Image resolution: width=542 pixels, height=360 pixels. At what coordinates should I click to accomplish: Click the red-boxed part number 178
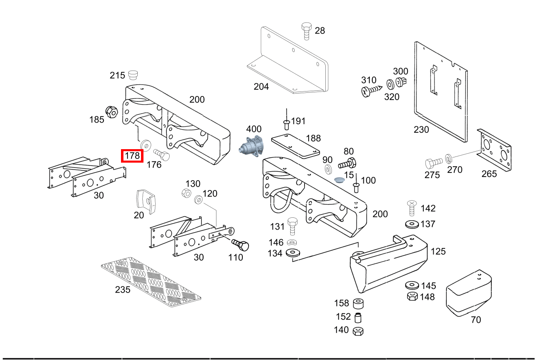pyautogui.click(x=132, y=156)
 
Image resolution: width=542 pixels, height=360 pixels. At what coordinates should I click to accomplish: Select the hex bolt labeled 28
pyautogui.click(x=306, y=31)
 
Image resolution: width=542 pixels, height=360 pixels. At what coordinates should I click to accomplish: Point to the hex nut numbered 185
pyautogui.click(x=112, y=112)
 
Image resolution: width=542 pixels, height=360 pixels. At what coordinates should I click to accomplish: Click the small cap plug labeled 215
pyautogui.click(x=133, y=75)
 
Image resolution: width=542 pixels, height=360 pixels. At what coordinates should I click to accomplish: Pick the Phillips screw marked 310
pyautogui.click(x=372, y=91)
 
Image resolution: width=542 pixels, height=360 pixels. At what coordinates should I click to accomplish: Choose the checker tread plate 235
pyautogui.click(x=151, y=282)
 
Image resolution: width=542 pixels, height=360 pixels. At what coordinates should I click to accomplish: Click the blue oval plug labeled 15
pyautogui.click(x=339, y=180)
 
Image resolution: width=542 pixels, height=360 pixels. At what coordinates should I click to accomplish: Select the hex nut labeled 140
pyautogui.click(x=358, y=331)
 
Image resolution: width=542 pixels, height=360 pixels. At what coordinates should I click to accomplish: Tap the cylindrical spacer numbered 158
pyautogui.click(x=358, y=304)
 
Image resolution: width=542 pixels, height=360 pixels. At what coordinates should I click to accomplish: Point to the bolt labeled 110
pyautogui.click(x=240, y=245)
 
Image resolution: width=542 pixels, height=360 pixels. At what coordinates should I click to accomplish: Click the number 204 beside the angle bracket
pyautogui.click(x=261, y=86)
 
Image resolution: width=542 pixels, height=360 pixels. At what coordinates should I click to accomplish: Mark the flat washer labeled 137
pyautogui.click(x=412, y=224)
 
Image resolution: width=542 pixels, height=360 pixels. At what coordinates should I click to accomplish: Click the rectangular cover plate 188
pyautogui.click(x=296, y=146)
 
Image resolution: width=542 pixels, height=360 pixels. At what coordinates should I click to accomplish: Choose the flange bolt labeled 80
pyautogui.click(x=347, y=163)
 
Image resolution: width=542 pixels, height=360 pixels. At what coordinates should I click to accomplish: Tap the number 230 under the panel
pyautogui.click(x=421, y=130)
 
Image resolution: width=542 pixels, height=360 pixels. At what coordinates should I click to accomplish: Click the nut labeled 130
pyautogui.click(x=186, y=193)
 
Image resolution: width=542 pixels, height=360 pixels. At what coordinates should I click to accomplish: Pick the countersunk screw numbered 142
pyautogui.click(x=412, y=208)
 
